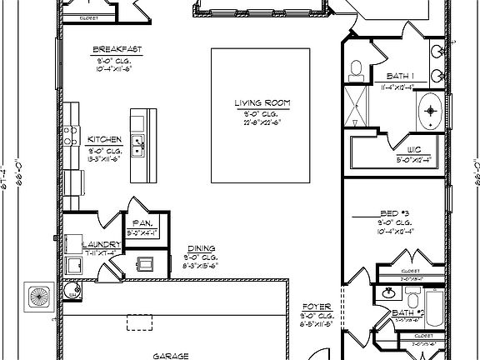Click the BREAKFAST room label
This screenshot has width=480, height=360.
coord(117,50)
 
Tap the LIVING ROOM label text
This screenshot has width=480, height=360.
coord(262,102)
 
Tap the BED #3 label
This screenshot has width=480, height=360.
coord(392,213)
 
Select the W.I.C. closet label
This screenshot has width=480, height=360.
coord(414,150)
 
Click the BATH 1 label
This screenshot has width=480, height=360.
coord(401,76)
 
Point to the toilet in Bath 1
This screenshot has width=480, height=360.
coord(355,69)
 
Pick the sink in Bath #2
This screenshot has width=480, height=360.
coord(387,293)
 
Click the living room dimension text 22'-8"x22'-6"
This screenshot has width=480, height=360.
coord(262,122)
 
